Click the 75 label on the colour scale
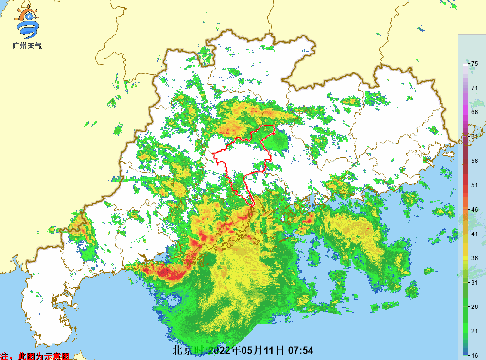(475, 63)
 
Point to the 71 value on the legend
(475, 88)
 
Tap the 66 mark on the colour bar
(475, 112)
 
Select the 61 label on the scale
(475, 136)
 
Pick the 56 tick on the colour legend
(475, 161)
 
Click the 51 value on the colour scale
(475, 185)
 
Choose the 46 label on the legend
(475, 209)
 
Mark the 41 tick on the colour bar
(475, 234)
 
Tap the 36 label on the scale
(475, 258)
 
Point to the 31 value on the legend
(475, 282)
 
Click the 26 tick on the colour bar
(475, 306)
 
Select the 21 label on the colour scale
(475, 331)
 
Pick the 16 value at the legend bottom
(475, 355)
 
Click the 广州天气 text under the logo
(27, 46)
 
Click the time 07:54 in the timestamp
(301, 350)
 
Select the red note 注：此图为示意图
(36, 356)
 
